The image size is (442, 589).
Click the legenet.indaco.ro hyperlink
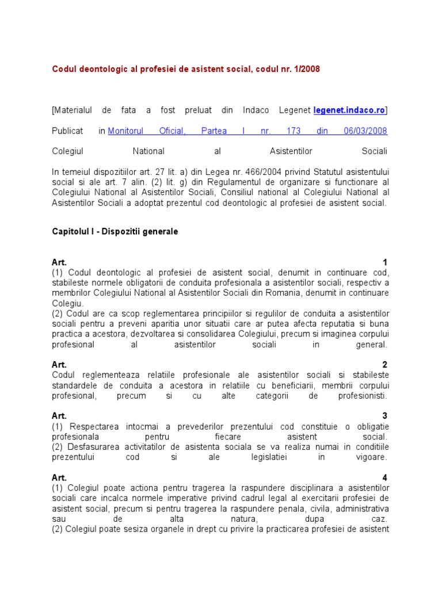349,110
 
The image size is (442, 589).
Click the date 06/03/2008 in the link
365,131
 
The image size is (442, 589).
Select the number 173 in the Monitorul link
294,131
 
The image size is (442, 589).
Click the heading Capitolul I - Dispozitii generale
115,231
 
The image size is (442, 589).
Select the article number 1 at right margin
385,262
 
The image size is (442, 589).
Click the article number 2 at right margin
385,365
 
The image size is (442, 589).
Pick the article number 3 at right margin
385,416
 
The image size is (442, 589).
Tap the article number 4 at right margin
385,477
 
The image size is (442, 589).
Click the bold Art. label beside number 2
59,365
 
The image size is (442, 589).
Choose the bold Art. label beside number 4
59,477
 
